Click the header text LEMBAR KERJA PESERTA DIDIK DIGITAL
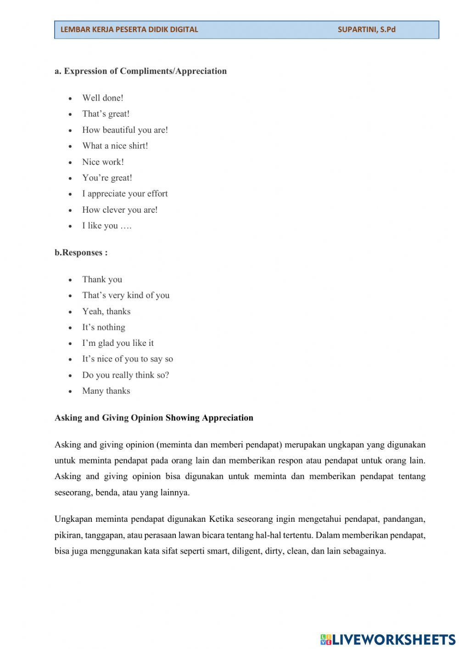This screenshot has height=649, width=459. click(x=129, y=29)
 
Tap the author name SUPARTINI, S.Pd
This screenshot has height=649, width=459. click(x=366, y=29)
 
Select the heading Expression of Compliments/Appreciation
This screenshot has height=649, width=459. click(x=140, y=71)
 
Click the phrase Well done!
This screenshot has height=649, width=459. click(x=103, y=98)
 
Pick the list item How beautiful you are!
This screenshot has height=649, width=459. click(x=125, y=130)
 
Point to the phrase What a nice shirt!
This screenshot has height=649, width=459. click(x=115, y=146)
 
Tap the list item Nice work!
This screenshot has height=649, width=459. click(x=103, y=162)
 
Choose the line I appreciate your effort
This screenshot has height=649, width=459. click(x=125, y=193)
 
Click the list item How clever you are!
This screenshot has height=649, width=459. click(x=120, y=210)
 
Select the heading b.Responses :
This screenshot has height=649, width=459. click(x=81, y=253)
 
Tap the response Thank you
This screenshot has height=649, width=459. click(x=102, y=279)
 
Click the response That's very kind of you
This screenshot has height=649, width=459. click(x=126, y=295)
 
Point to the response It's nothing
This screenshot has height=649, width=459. click(x=103, y=327)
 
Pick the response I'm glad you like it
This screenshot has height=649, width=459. click(x=118, y=343)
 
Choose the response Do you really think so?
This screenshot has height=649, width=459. click(x=125, y=375)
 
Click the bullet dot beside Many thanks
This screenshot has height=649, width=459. click(x=70, y=391)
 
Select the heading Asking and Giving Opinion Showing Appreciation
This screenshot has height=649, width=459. click(x=154, y=418)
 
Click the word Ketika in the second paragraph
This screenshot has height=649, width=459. click(x=221, y=519)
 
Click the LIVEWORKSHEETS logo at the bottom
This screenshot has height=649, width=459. click(x=387, y=639)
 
